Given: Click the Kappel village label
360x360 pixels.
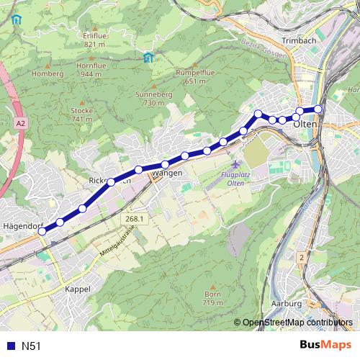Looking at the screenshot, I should pos(77,289).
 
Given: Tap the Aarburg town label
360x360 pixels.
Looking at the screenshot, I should pos(287,304).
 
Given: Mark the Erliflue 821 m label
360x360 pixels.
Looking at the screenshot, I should pos(94,40).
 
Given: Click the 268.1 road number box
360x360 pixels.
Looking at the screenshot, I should pos(132,218).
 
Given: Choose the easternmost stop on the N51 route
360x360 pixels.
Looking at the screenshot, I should pos(318,109).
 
